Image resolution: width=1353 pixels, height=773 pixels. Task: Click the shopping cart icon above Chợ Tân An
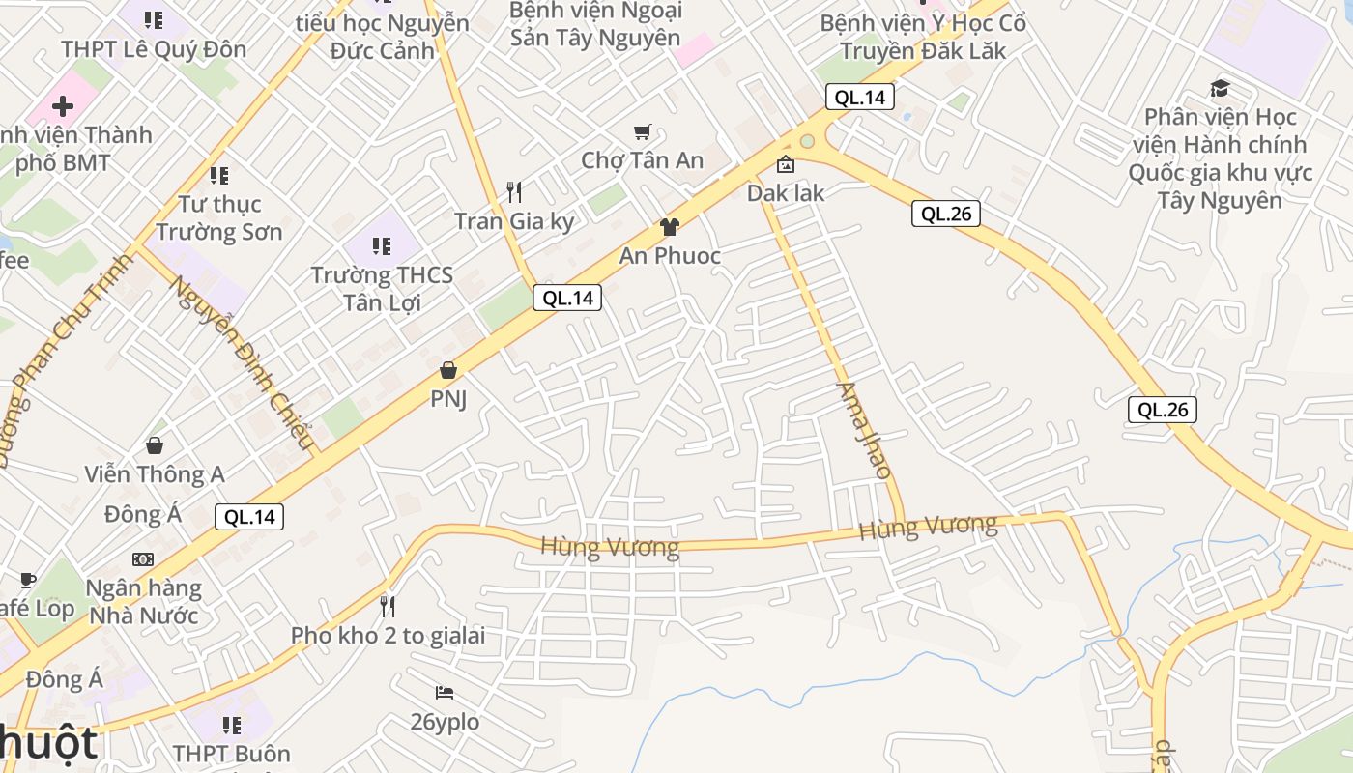click(x=643, y=132)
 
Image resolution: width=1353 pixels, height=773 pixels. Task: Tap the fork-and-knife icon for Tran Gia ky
click(x=514, y=192)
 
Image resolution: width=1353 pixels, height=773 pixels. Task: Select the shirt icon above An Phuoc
click(x=669, y=228)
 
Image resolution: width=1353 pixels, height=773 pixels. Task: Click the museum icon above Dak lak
click(x=786, y=165)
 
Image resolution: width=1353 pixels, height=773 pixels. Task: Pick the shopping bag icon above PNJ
click(x=447, y=370)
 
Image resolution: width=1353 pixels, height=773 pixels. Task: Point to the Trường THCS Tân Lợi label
click(x=382, y=289)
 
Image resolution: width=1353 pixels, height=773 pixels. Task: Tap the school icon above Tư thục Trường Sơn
click(x=219, y=176)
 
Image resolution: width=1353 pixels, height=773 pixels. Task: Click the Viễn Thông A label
click(x=155, y=474)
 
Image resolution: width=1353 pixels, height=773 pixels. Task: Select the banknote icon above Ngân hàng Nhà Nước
click(x=143, y=559)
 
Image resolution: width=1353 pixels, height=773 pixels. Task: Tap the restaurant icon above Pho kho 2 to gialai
click(x=388, y=607)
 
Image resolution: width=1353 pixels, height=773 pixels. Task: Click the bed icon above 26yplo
click(x=445, y=693)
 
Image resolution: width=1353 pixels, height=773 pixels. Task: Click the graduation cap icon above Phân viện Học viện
click(x=1220, y=89)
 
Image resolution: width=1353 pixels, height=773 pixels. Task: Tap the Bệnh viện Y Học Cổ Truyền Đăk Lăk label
click(x=923, y=37)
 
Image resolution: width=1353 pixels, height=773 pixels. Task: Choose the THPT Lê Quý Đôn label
click(x=154, y=49)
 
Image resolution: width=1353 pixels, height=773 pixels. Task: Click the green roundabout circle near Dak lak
click(x=807, y=142)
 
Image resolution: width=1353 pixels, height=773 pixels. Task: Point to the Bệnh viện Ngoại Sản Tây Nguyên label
click(x=595, y=24)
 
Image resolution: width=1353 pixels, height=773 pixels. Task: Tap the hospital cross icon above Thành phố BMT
click(x=63, y=105)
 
